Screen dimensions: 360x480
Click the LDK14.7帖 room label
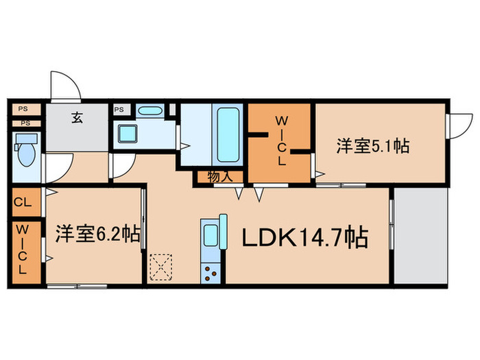click(x=304, y=238)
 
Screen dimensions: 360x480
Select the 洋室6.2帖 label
click(x=98, y=234)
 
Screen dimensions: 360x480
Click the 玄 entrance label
click(x=75, y=117)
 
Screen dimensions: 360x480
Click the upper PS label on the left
click(x=23, y=108)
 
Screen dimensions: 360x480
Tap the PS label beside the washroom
click(x=119, y=109)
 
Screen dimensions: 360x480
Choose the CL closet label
click(x=21, y=202)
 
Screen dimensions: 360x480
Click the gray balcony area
click(x=420, y=236)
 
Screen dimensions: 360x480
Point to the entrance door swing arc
click(x=65, y=86)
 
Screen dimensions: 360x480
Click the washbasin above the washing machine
click(x=149, y=111)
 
